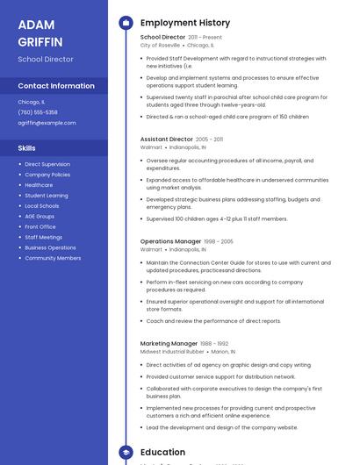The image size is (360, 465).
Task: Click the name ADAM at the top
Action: tap(36, 25)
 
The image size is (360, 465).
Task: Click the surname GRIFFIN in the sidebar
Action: tap(40, 41)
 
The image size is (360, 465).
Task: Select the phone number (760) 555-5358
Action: tap(38, 112)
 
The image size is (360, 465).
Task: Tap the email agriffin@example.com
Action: tap(47, 123)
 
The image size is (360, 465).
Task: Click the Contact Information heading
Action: tap(56, 86)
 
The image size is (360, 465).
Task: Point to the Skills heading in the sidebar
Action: tap(27, 148)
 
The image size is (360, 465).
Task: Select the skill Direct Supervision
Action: tap(47, 164)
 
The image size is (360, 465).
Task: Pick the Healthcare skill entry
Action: tap(39, 185)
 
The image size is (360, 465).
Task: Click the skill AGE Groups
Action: tap(40, 216)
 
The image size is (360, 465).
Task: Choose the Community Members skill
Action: tap(53, 258)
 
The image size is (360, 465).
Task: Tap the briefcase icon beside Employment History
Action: tap(126, 22)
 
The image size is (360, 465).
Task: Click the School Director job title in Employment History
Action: tap(162, 37)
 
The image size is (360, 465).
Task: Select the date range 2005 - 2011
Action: tap(209, 139)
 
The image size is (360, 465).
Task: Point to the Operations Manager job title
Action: tap(170, 240)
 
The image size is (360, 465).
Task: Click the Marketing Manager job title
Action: tap(169, 343)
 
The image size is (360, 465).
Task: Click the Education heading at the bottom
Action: tap(162, 452)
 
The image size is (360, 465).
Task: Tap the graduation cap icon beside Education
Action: tap(126, 452)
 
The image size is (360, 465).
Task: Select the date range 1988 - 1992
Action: tap(214, 344)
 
